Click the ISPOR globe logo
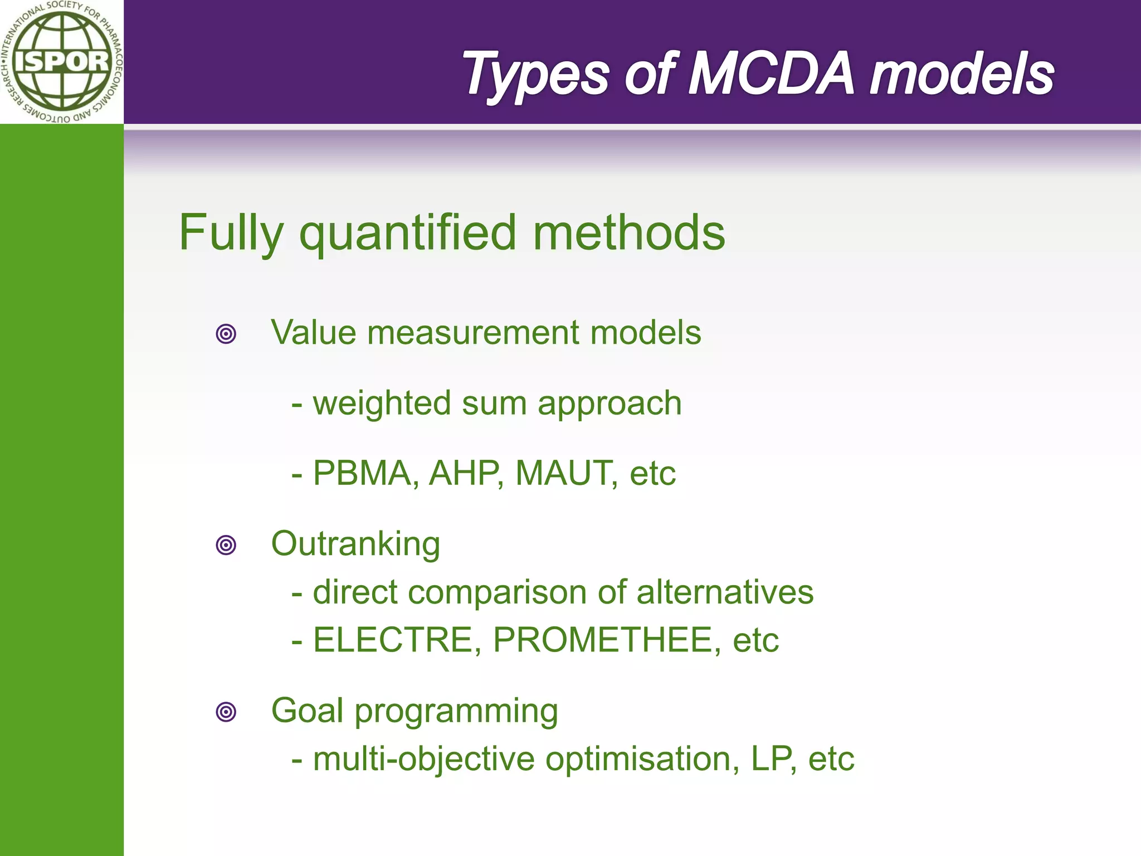[61, 61]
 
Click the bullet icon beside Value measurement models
[226, 334]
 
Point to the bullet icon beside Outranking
[226, 545]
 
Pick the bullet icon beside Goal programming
[226, 712]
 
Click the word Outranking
[355, 544]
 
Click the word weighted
[382, 404]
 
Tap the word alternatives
[725, 592]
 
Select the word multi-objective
[423, 760]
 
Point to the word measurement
[473, 333]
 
